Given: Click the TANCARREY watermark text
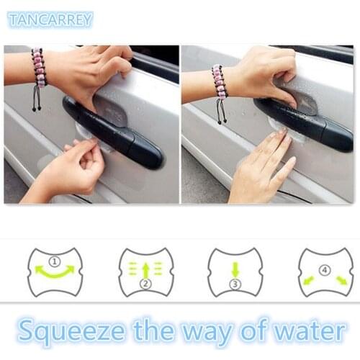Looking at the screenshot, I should pyautogui.click(x=50, y=19).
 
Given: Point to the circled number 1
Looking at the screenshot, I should pyautogui.click(x=55, y=259).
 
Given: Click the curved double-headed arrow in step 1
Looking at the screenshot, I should pyautogui.click(x=55, y=272).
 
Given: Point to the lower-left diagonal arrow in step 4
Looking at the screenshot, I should pyautogui.click(x=310, y=279).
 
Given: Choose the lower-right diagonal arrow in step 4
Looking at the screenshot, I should pyautogui.click(x=340, y=279).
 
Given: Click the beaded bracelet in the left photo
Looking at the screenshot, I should pyautogui.click(x=38, y=68).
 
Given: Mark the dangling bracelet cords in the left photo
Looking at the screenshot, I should pyautogui.click(x=37, y=100).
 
